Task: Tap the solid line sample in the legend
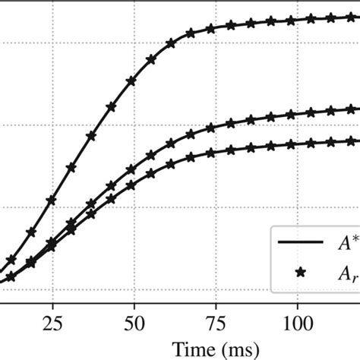[300, 244]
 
